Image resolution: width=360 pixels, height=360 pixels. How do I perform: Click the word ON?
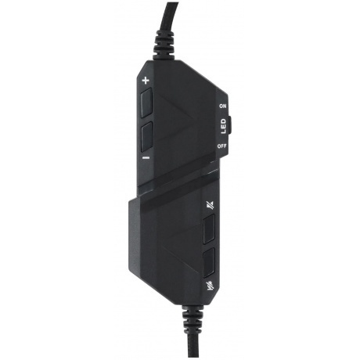click(x=222, y=105)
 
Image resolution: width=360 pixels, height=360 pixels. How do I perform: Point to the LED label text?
click(x=222, y=125)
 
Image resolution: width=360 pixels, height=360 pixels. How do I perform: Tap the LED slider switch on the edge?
click(x=230, y=125)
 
